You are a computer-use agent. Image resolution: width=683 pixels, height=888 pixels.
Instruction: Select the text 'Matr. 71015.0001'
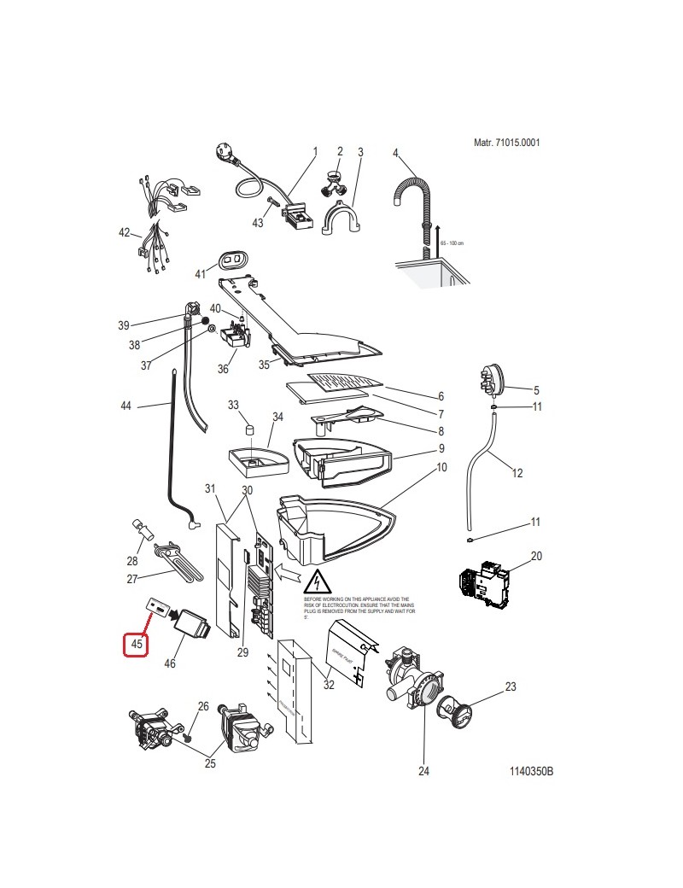point(506,143)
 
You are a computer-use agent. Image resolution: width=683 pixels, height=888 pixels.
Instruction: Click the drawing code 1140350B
point(531,771)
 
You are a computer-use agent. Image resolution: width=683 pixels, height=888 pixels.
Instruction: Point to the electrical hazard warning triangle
point(318,581)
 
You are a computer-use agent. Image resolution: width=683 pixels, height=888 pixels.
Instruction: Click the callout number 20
point(536,557)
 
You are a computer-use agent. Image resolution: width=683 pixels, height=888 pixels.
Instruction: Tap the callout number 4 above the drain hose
point(395,153)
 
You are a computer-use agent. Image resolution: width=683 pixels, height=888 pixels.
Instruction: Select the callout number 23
point(535,686)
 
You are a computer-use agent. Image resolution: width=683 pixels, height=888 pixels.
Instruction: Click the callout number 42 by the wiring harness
point(125,232)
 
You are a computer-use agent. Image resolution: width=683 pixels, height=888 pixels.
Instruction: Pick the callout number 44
point(126,406)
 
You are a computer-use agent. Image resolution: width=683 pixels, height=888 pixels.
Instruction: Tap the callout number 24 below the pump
point(423,771)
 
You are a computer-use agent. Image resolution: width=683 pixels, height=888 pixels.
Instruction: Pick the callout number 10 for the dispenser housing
point(441,467)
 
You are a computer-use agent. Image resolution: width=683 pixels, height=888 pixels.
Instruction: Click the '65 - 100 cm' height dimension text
point(452,242)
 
